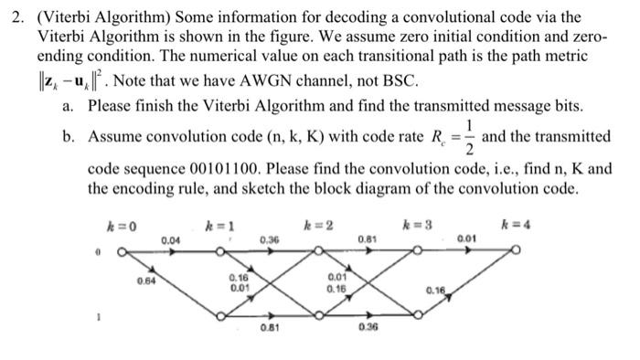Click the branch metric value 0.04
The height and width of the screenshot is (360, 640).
click(170, 239)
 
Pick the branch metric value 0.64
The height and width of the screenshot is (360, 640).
click(145, 281)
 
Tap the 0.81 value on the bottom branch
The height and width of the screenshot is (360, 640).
click(269, 329)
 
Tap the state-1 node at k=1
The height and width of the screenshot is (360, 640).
click(220, 315)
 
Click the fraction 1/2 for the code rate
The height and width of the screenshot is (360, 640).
click(469, 136)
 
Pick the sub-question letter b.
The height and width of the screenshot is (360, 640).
click(69, 136)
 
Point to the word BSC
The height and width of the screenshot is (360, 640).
click(397, 80)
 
